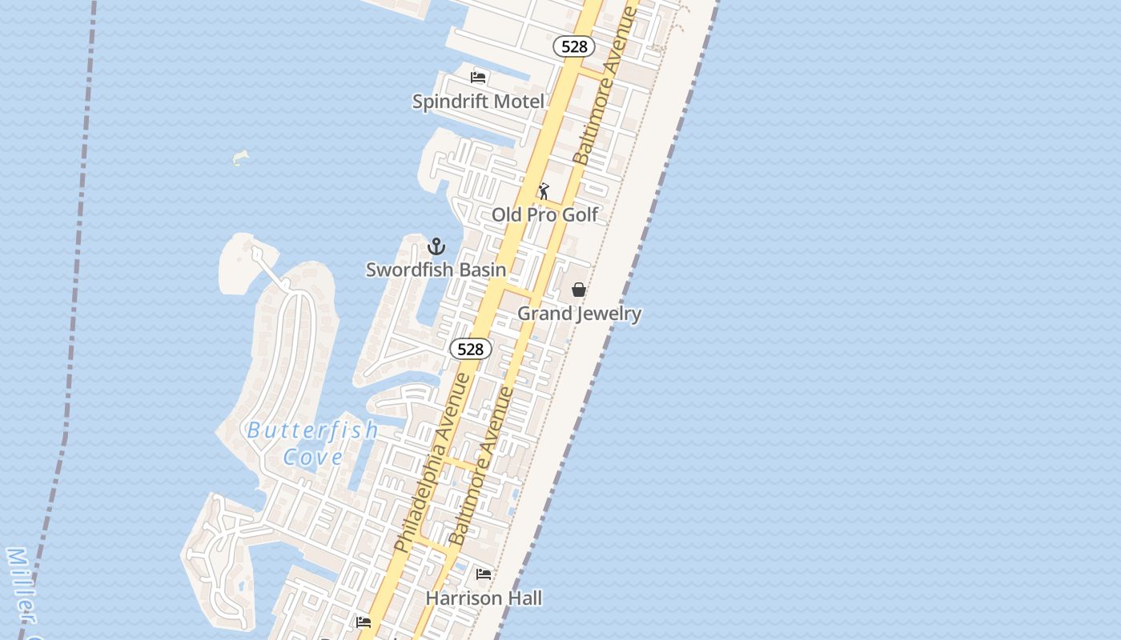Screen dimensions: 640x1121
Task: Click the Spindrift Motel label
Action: pyautogui.click(x=478, y=102)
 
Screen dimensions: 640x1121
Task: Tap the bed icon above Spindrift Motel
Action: pyautogui.click(x=478, y=78)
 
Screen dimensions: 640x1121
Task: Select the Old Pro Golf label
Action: pyautogui.click(x=544, y=214)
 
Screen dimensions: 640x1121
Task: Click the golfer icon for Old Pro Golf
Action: pyautogui.click(x=544, y=191)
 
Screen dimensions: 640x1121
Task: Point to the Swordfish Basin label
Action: pyautogui.click(x=436, y=270)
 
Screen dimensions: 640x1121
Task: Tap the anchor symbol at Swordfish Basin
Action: pyautogui.click(x=436, y=246)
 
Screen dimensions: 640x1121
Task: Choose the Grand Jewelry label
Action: pyautogui.click(x=579, y=314)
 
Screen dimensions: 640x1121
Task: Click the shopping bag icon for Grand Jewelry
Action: pyautogui.click(x=579, y=290)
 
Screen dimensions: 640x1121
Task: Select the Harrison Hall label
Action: pyautogui.click(x=484, y=598)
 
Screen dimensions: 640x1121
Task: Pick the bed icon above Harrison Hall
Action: pyautogui.click(x=484, y=574)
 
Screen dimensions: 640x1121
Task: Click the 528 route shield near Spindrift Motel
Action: pyautogui.click(x=574, y=46)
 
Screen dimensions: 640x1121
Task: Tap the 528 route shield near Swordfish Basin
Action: pyautogui.click(x=471, y=349)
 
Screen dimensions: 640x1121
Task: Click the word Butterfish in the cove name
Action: pyautogui.click(x=313, y=430)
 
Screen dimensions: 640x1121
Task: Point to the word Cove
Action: pyautogui.click(x=313, y=458)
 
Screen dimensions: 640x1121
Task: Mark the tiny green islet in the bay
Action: pyautogui.click(x=240, y=158)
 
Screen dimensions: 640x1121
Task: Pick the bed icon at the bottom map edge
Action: pyautogui.click(x=364, y=622)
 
